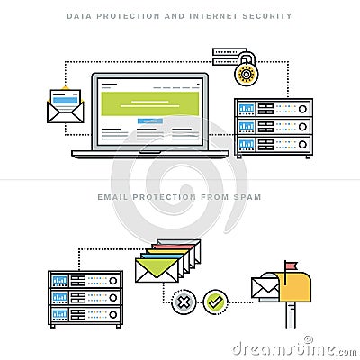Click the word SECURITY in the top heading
pyautogui.click(x=267, y=16)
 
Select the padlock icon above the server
pyautogui.click(x=246, y=68)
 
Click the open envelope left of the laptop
pyautogui.click(x=66, y=105)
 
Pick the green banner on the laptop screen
pyautogui.click(x=150, y=103)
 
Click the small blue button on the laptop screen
pyautogui.click(x=150, y=121)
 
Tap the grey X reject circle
pyautogui.click(x=184, y=301)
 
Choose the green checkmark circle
pyautogui.click(x=215, y=301)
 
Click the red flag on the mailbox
pyautogui.click(x=291, y=265)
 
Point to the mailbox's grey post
pyautogui.click(x=291, y=315)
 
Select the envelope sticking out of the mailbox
pyautogui.click(x=265, y=288)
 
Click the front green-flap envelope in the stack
pyautogui.click(x=157, y=270)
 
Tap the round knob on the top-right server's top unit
pyautogui.click(x=302, y=109)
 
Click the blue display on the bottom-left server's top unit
pyautogui.click(x=60, y=281)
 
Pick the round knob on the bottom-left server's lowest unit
pyautogui.click(x=113, y=315)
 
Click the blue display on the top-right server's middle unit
pyautogui.click(x=247, y=126)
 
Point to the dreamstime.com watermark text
pyautogui.click(x=294, y=348)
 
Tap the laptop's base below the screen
pyautogui.click(x=150, y=154)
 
